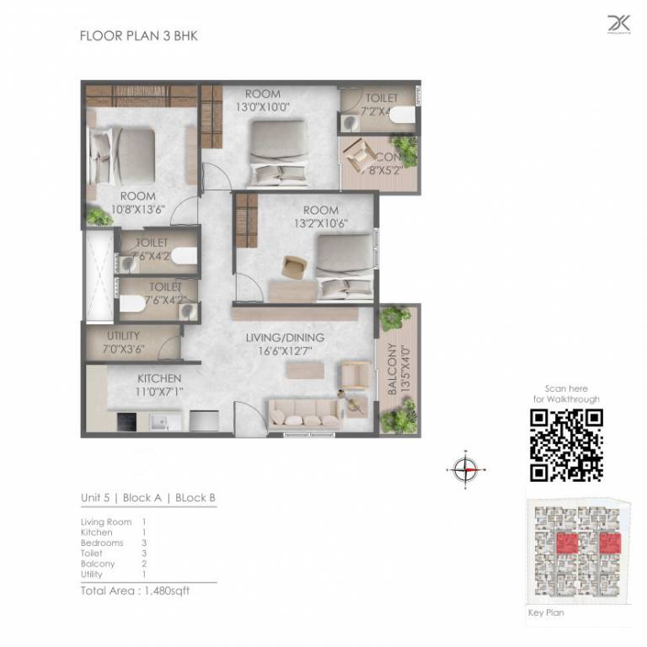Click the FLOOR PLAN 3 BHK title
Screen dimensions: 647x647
[x=138, y=36]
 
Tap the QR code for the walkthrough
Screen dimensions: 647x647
[x=566, y=445]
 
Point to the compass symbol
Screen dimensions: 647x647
[x=465, y=468]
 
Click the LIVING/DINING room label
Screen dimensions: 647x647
[x=285, y=338]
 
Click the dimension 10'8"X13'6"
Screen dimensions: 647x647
[x=138, y=210]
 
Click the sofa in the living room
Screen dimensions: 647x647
[x=305, y=412]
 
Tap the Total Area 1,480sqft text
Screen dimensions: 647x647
[x=135, y=591]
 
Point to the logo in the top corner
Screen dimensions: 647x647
[x=618, y=24]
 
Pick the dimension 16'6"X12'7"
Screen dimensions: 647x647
[x=285, y=350]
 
